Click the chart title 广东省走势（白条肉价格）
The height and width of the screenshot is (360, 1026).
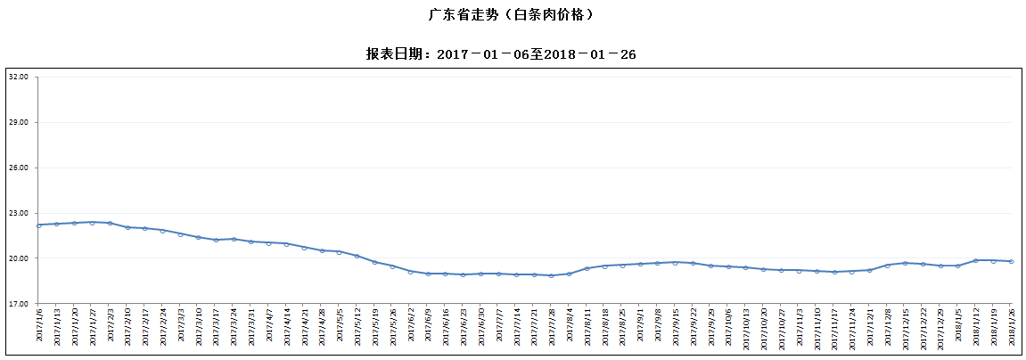512,15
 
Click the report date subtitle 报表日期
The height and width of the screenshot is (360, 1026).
501,53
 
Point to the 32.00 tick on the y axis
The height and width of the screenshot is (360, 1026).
19,78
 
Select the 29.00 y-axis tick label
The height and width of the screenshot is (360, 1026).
19,123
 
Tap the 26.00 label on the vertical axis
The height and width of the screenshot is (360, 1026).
19,168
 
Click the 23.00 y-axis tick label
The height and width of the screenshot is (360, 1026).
19,214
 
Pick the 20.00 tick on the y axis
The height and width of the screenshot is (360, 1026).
19,258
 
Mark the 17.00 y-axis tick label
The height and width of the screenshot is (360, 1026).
19,304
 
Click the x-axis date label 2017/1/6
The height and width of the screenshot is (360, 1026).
39,326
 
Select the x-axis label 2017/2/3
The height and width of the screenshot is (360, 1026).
110,326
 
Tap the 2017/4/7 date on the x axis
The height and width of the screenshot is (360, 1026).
269,326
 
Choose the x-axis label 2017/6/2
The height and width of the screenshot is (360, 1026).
410,326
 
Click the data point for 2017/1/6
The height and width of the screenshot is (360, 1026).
39,225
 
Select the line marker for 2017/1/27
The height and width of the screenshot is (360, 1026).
92,223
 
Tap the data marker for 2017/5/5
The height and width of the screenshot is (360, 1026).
340,252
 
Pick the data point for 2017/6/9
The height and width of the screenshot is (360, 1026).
428,274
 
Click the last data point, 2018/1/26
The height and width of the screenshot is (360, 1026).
1011,261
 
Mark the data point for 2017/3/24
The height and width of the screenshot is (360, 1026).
234,239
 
